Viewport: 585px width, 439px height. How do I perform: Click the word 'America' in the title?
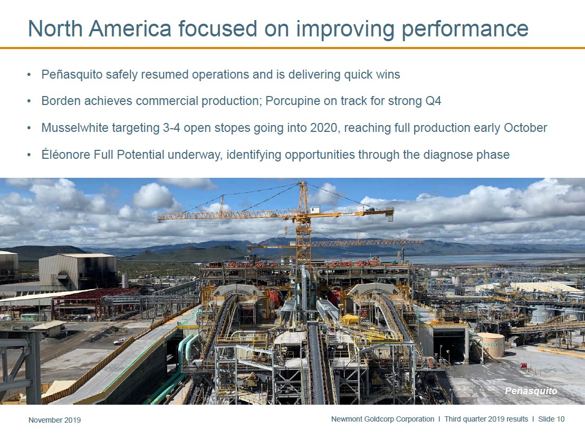(130, 28)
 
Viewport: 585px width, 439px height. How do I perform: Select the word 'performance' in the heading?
(465, 29)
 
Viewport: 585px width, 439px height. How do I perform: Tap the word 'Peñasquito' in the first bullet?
(72, 74)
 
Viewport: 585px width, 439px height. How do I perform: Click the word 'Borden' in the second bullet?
(61, 101)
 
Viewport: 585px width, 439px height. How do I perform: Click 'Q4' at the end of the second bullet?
(433, 101)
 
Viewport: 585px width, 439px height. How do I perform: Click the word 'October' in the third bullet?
(525, 128)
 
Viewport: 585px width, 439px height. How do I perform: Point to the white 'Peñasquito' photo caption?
(531, 391)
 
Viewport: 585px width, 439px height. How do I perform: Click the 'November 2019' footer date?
(54, 420)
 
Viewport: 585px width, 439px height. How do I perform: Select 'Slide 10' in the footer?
(551, 419)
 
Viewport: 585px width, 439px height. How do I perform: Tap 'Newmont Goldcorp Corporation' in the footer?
(383, 419)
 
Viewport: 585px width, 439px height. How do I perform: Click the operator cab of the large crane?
(314, 209)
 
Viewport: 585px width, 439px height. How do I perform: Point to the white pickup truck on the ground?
(119, 341)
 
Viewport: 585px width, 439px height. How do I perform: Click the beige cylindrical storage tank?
(491, 345)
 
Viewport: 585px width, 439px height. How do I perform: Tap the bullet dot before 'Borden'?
(29, 101)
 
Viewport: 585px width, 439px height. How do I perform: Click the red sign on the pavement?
(524, 366)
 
